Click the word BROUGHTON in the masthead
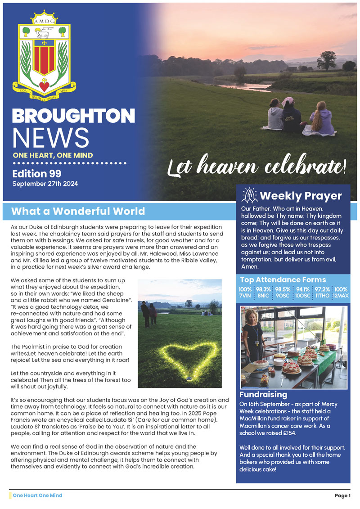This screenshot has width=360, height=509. pyautogui.click(x=73, y=116)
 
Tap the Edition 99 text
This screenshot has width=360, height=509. pyautogui.click(x=36, y=174)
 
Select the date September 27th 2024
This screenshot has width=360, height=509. pyautogui.click(x=51, y=184)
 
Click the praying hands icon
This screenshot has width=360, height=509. pyautogui.click(x=249, y=196)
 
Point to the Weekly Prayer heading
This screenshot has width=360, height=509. pyautogui.click(x=301, y=196)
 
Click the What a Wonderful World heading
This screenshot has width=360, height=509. pyautogui.click(x=78, y=211)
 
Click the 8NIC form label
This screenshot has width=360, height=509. pyautogui.click(x=264, y=295)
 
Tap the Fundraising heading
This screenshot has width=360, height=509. pyautogui.click(x=263, y=394)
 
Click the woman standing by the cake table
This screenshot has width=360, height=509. pyautogui.click(x=253, y=335)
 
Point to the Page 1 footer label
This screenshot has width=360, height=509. pyautogui.click(x=342, y=495)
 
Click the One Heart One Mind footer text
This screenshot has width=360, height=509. pyautogui.click(x=37, y=495)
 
